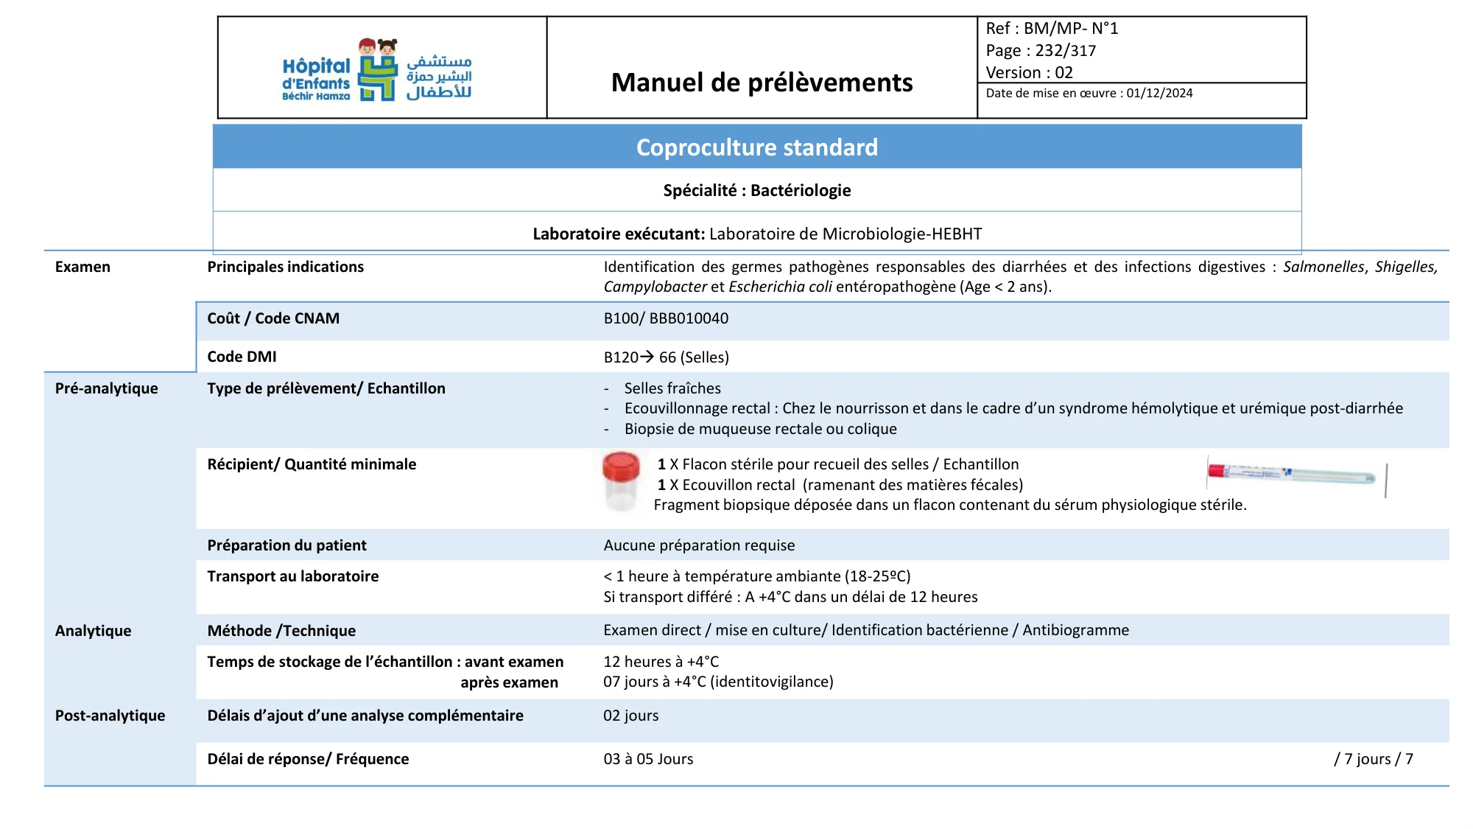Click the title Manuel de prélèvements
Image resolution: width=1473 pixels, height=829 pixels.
[x=762, y=83]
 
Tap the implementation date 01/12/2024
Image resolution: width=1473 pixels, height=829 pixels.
[x=1159, y=94]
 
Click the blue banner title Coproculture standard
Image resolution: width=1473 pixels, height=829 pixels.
[x=756, y=147]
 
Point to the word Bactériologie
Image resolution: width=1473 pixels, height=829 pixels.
[x=801, y=191]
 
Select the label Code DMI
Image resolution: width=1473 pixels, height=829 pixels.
[x=242, y=357]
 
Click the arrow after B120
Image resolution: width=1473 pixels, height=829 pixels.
[x=647, y=357]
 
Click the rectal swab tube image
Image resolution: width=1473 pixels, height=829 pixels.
[x=1293, y=474]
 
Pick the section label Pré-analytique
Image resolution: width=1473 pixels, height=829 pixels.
[x=106, y=388]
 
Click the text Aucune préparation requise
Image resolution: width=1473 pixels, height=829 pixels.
[x=699, y=545]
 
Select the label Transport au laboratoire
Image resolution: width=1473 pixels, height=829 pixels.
[x=292, y=576]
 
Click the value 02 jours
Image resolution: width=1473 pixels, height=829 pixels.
[x=630, y=716]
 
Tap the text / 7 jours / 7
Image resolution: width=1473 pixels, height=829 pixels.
[x=1373, y=759]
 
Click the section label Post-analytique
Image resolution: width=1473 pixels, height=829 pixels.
[x=110, y=716]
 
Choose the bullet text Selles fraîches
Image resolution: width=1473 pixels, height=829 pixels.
[x=672, y=388]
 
